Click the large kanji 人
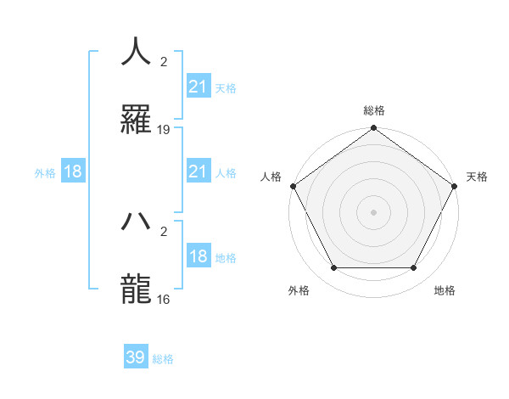[137, 52]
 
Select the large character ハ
[137, 221]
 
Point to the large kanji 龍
[137, 289]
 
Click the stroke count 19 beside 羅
[164, 130]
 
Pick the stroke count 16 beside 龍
[164, 299]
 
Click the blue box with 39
[136, 357]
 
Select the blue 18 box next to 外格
[73, 172]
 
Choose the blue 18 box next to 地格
[198, 257]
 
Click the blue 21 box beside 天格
[198, 87]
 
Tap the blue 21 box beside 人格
[198, 172]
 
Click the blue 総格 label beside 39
[163, 359]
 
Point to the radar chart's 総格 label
[374, 110]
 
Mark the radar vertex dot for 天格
[456, 186]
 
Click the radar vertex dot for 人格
[293, 186]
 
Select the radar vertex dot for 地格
[414, 268]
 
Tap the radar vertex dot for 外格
[333, 268]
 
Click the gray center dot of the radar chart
[374, 212]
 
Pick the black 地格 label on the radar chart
[445, 291]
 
